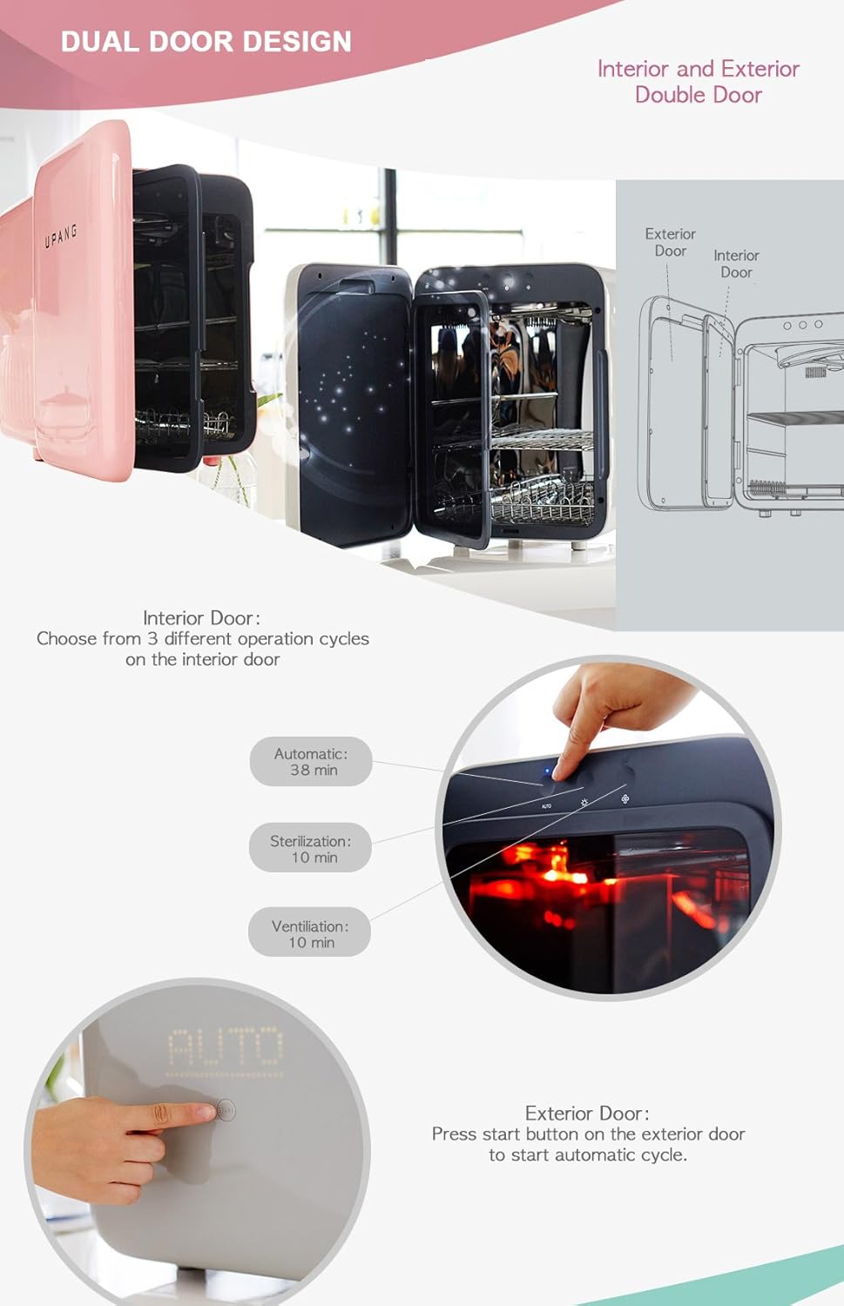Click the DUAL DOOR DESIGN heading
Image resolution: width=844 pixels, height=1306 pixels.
(206, 41)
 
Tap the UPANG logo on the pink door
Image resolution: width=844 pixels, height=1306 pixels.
(61, 235)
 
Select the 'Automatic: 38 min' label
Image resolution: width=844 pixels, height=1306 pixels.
(311, 762)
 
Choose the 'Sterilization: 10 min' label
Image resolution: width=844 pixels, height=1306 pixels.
(310, 849)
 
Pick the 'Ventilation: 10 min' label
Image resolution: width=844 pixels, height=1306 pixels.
(309, 934)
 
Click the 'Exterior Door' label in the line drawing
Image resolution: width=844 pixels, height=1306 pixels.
(670, 242)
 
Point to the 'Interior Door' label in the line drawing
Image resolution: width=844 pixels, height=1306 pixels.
(736, 264)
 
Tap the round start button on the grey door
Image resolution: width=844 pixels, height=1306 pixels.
(226, 1110)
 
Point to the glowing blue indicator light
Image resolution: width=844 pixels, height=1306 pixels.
(547, 771)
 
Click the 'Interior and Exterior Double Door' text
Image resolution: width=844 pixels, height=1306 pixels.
(698, 82)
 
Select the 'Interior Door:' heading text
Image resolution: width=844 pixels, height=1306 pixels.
(201, 618)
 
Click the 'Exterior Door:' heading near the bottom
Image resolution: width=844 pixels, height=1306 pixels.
(587, 1114)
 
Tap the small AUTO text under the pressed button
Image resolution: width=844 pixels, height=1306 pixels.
(546, 806)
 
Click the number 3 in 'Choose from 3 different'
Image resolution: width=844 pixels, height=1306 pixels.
(152, 639)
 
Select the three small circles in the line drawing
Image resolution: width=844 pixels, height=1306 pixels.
(802, 325)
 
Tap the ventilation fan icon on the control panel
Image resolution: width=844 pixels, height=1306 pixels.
(625, 798)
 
